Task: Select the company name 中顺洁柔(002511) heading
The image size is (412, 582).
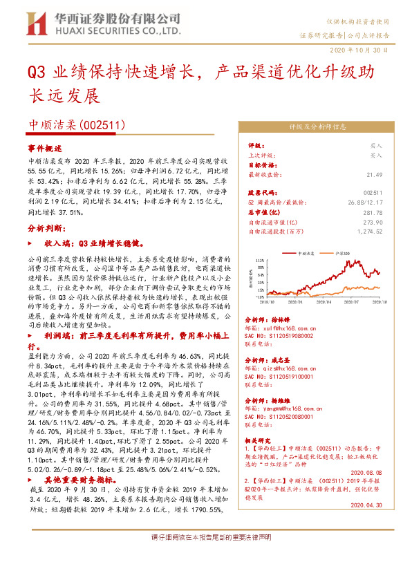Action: point(76,125)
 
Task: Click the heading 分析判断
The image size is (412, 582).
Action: point(46,227)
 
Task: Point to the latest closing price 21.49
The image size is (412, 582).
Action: point(374,175)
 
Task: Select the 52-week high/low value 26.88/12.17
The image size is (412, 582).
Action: point(365,203)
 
